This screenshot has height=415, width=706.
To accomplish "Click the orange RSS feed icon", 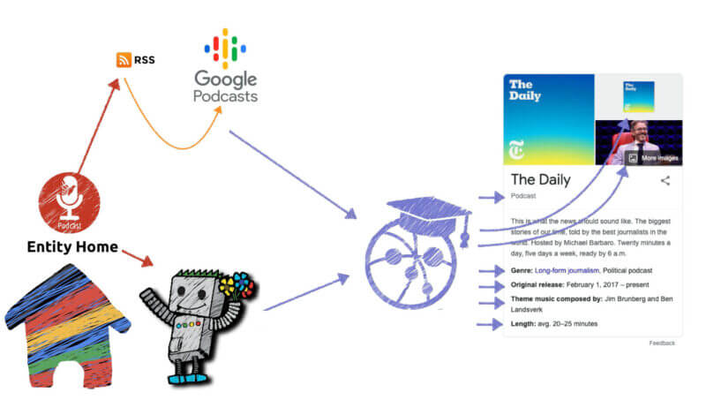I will click(x=124, y=60).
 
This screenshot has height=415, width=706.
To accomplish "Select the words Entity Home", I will click(x=73, y=247).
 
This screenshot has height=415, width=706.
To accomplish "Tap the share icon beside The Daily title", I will click(x=665, y=181).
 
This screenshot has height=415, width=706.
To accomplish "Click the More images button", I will click(x=654, y=158).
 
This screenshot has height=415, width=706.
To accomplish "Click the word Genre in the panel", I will click(x=521, y=270).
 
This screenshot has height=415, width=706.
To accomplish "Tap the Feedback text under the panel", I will click(x=662, y=343).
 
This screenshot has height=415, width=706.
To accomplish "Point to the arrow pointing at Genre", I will click(x=489, y=270).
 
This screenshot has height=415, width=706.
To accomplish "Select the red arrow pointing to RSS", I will click(x=97, y=124).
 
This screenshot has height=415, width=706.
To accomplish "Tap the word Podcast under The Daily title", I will click(x=524, y=196).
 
